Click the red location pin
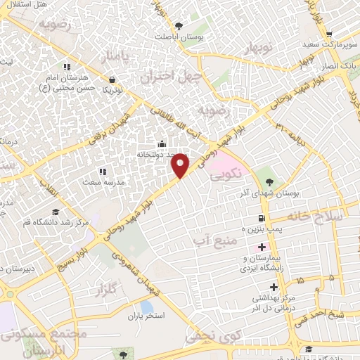click(181, 165)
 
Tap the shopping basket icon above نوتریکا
click(112, 79)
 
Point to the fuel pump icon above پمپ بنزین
click(262, 218)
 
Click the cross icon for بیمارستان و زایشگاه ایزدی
click(262, 247)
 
